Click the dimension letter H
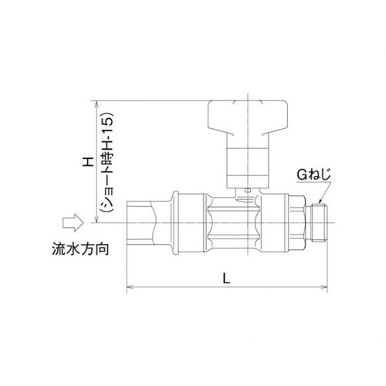(88, 162)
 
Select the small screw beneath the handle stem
(245, 189)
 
